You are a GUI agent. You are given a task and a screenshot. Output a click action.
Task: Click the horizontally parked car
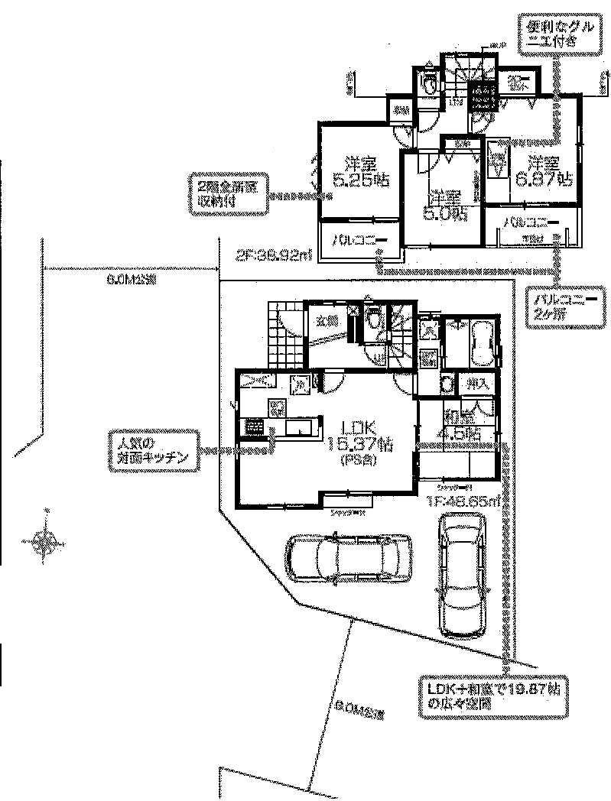pyautogui.click(x=349, y=558)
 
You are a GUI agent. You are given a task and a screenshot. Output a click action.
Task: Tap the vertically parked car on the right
pyautogui.click(x=462, y=574)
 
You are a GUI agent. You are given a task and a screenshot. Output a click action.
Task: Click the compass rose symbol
pyautogui.click(x=45, y=542)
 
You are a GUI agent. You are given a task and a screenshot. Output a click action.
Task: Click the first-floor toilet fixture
pyautogui.click(x=373, y=320)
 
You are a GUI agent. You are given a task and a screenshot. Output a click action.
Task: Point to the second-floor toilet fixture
pyautogui.click(x=430, y=83)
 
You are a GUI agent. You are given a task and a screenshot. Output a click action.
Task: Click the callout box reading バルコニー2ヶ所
pyautogui.click(x=560, y=306)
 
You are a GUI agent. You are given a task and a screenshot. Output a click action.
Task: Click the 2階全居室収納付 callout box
pyautogui.click(x=227, y=193)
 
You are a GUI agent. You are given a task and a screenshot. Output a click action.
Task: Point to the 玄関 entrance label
pyautogui.click(x=328, y=320)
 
